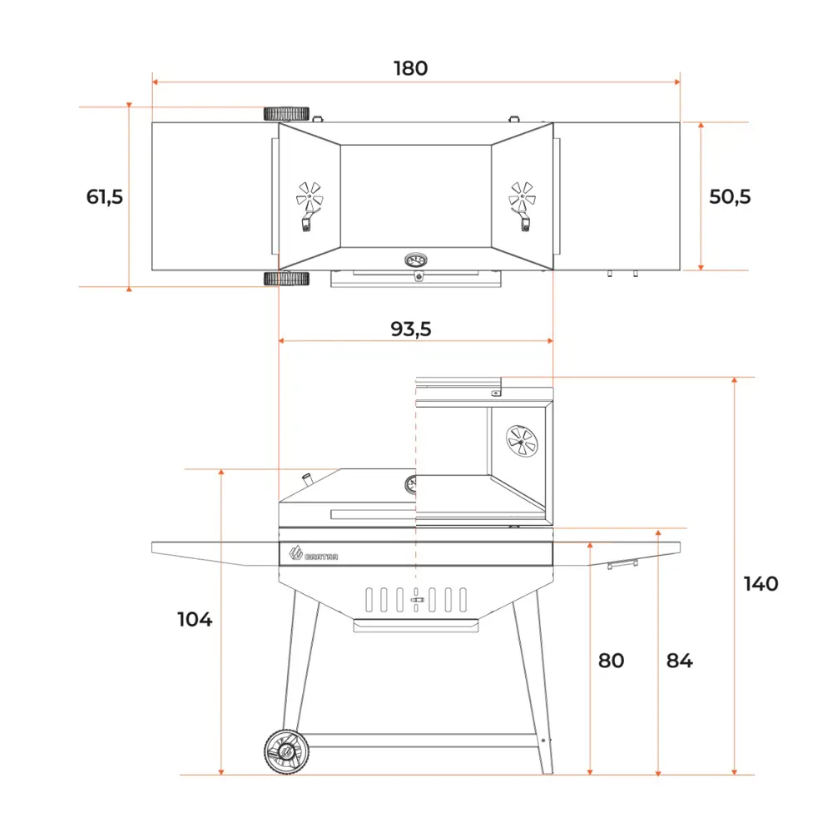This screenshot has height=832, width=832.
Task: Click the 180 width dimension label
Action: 410,68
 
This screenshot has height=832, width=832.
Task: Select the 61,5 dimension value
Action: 105,197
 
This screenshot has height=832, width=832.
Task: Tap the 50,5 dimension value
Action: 730,197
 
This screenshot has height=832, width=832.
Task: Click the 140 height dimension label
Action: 760,584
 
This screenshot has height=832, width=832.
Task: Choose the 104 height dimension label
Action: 195,620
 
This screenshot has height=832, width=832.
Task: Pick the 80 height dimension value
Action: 611,661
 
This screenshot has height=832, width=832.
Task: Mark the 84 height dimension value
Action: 679,661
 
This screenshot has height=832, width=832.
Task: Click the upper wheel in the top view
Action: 287,114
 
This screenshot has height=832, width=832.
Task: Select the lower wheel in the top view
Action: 287,279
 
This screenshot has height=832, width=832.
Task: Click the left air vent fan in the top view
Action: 310,198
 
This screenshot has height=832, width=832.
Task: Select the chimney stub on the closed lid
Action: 307,480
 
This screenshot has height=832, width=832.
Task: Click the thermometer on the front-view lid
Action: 412,484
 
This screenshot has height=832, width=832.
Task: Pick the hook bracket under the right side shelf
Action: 622,564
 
